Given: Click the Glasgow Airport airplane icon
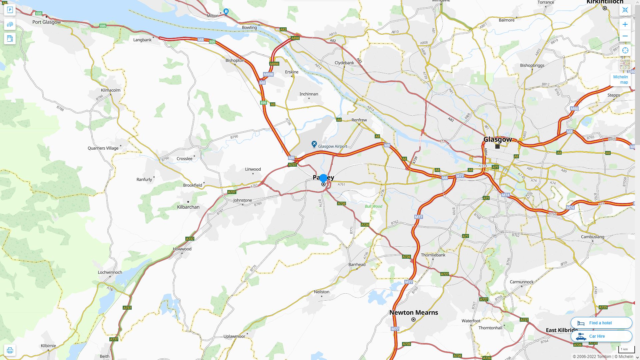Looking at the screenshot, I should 314,144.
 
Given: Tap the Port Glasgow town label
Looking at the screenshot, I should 47,22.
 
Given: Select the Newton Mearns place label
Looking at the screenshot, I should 414,312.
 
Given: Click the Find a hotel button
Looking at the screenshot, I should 601,323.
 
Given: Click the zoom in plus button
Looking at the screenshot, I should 625,24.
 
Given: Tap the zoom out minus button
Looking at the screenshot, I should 625,36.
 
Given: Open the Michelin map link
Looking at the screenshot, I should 620,80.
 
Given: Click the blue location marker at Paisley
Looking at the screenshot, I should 323,178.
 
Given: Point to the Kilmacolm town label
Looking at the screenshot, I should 111,90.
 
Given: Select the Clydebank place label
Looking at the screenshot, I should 344,63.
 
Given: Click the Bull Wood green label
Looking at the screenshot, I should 373,206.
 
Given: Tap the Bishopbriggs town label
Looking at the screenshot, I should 532,65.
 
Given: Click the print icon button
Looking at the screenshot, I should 10,350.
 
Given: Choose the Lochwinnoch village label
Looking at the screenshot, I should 110,272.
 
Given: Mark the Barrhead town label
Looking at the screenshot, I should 357,264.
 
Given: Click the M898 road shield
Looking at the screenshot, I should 274,64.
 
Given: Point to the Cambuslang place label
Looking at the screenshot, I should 592,237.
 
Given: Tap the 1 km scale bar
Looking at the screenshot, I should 626,349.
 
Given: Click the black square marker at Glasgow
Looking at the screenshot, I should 497,146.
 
